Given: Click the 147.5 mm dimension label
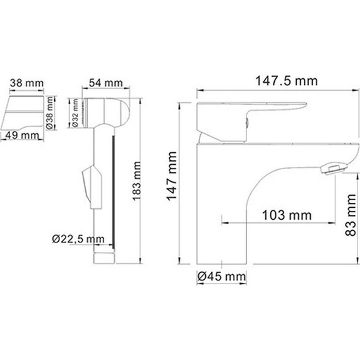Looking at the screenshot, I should (x=278, y=81).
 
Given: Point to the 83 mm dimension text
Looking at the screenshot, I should (x=352, y=215).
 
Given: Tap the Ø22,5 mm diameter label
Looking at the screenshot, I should (x=78, y=239).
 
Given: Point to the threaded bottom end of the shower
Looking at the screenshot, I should (x=105, y=255).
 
